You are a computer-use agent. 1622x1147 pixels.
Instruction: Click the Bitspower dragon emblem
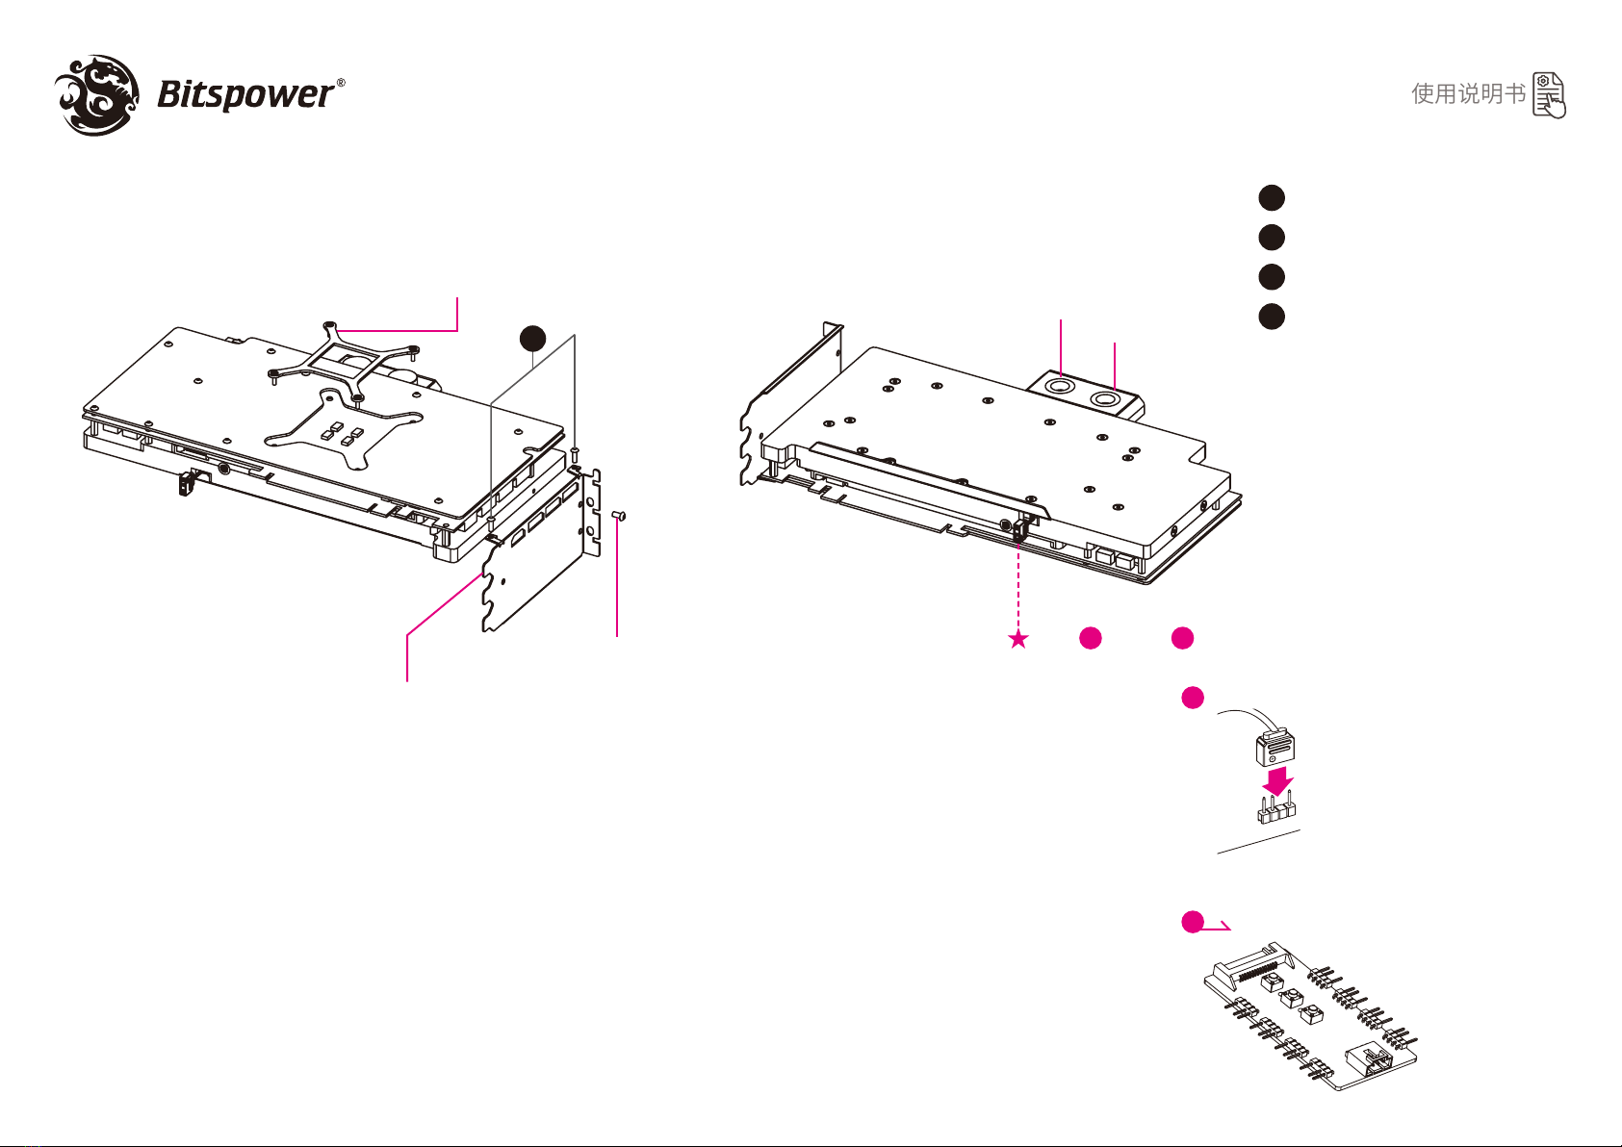tap(94, 94)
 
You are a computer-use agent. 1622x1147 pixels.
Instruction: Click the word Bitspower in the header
tap(245, 94)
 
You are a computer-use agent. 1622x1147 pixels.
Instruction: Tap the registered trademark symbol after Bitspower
tap(341, 84)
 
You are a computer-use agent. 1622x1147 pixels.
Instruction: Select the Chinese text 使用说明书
tap(1468, 94)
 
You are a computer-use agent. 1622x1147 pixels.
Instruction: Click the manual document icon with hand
tap(1549, 95)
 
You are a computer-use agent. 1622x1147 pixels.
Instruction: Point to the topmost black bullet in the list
tap(1272, 197)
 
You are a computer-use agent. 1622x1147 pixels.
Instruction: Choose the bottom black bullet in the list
tap(1272, 317)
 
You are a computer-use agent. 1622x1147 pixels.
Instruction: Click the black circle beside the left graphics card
tap(533, 338)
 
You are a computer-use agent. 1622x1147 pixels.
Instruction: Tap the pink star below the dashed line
tap(1018, 639)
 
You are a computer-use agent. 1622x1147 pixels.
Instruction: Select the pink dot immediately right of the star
tap(1090, 638)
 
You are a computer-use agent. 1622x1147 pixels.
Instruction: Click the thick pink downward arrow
tap(1276, 779)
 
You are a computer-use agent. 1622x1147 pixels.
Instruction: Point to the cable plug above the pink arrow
tap(1276, 747)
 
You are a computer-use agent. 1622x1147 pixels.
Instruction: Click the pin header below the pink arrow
tap(1276, 811)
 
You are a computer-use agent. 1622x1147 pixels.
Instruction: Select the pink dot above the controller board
tap(1193, 922)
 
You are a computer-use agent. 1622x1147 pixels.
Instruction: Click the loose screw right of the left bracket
tap(620, 517)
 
